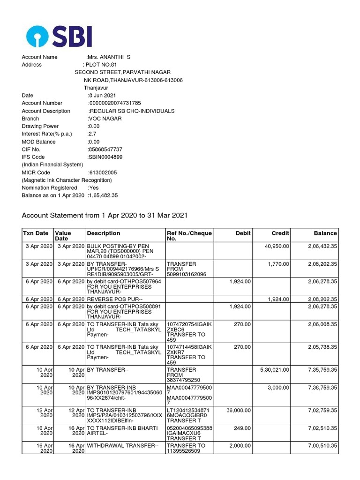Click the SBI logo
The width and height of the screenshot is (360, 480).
59,36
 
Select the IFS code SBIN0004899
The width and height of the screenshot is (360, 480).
105,157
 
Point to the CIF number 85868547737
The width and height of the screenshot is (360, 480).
105,150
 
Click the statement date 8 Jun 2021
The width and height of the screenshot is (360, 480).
101,96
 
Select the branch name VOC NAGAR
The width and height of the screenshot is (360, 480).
105,119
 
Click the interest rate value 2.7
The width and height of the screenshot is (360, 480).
92,134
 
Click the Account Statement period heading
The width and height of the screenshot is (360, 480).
105,216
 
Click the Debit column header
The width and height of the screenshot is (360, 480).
243,233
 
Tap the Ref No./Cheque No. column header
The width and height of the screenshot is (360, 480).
189,236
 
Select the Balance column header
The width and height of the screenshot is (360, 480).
325,233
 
